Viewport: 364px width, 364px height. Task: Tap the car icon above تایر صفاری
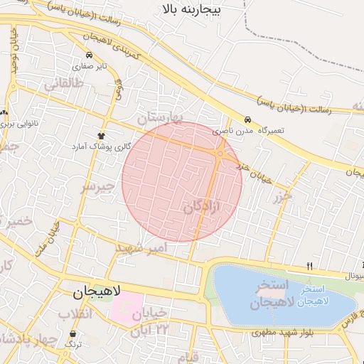pos(88,55)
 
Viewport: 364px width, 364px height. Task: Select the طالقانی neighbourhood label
pos(64,84)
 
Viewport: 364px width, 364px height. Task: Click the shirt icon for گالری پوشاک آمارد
pos(102,134)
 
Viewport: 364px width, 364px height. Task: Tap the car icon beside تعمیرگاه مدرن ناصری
pos(247,120)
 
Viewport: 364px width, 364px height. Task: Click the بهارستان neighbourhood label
pos(160,117)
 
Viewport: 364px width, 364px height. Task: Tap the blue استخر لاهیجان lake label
pos(314,296)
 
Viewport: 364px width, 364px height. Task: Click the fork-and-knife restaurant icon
pos(309,266)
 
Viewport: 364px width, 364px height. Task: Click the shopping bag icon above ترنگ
pos(73,333)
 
